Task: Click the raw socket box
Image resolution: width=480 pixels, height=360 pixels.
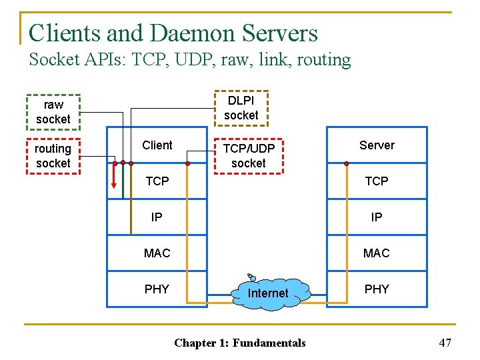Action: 53,111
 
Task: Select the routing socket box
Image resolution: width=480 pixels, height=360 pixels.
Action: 53,155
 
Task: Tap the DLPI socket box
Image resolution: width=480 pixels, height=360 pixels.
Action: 241,108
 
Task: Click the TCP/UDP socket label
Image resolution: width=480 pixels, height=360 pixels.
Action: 244,155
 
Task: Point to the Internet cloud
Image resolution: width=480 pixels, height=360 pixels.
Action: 268,293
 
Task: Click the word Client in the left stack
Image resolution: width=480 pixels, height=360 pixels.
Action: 157,145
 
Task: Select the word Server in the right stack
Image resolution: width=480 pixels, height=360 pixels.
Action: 377,145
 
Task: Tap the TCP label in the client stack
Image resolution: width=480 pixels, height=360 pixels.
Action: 157,181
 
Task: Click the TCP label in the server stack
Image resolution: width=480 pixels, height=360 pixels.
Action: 377,181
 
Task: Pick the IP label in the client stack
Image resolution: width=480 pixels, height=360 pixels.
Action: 157,217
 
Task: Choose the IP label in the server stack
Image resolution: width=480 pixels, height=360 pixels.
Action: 377,217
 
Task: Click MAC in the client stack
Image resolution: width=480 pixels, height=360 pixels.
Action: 157,253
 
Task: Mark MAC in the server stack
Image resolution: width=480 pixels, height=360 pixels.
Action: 377,253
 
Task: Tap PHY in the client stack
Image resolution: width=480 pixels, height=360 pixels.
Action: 157,289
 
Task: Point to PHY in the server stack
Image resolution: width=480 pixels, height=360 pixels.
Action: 377,289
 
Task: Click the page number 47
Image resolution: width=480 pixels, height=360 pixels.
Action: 445,343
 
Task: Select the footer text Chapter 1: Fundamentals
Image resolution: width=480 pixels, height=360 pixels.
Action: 240,343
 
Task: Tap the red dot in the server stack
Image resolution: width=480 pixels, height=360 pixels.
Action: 347,163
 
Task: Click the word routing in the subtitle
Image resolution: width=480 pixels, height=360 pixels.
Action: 323,60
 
